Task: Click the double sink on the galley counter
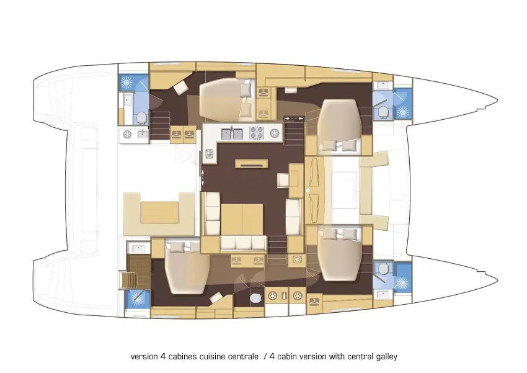coord(232,133)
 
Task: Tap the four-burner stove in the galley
coord(257,133)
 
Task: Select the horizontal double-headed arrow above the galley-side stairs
coord(294,119)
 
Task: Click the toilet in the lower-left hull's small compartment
coord(256,298)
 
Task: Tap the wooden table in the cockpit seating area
coord(159,212)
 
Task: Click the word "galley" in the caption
coord(386,356)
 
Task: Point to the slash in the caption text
coord(265,356)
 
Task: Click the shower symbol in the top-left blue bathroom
coord(126,82)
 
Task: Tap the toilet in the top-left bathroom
coord(141,118)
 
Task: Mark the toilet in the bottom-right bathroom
coord(383,268)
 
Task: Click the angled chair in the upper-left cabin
coord(182,88)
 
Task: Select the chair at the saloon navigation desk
coord(283,181)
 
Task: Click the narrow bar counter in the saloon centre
coord(252,163)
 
